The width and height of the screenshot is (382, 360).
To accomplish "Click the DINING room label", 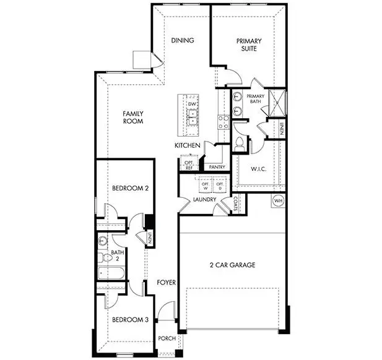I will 183,41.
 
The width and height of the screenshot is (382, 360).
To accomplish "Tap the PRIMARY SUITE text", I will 249,45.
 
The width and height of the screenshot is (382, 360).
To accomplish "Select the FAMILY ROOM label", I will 132,118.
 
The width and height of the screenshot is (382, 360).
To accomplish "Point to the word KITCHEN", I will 186,145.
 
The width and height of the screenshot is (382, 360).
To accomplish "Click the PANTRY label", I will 217,167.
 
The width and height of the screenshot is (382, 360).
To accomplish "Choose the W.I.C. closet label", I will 258,168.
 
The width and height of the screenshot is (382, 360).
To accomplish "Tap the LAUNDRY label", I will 204,200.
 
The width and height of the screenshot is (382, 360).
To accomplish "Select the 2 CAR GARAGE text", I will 232,265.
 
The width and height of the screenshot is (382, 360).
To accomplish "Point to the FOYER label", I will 166,283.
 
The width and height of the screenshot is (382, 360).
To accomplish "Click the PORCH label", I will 167,338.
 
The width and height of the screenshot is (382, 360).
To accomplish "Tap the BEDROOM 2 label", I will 129,188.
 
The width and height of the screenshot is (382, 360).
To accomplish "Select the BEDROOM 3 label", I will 129,320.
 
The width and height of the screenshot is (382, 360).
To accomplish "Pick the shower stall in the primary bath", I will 276,100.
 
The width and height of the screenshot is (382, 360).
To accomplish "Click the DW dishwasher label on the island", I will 192,105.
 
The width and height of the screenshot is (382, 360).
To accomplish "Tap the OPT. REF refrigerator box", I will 189,165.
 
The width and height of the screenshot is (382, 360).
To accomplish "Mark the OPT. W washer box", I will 205,186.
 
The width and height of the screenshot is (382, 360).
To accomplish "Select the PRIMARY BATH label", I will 256,100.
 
